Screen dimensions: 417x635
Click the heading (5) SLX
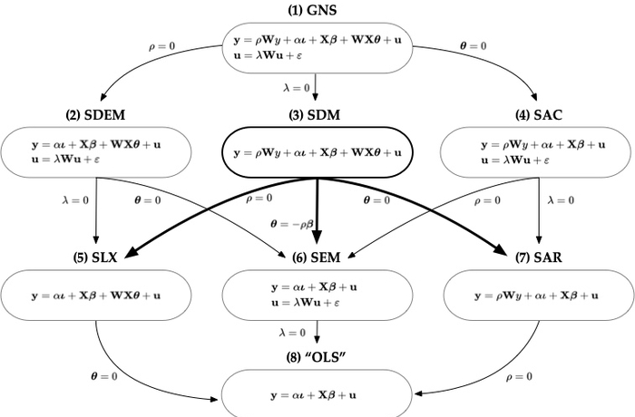coord(95,257)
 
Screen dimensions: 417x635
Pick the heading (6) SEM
coord(317,257)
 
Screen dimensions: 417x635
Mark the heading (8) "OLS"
coord(317,357)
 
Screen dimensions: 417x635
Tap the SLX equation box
coord(95,295)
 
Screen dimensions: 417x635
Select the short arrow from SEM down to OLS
coord(317,333)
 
